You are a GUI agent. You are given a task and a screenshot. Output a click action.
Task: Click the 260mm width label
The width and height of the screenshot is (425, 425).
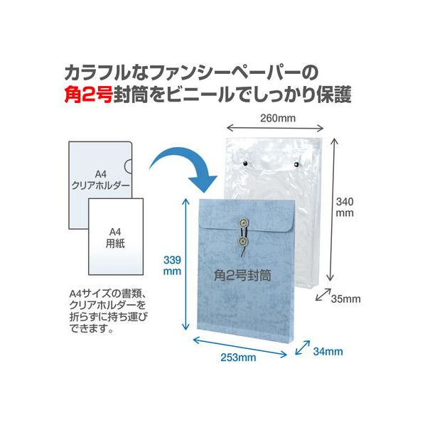(x=278, y=118)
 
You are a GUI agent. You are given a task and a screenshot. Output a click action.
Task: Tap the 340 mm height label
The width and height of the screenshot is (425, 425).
(x=345, y=208)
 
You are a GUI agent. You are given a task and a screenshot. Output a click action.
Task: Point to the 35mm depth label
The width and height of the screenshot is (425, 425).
(x=345, y=299)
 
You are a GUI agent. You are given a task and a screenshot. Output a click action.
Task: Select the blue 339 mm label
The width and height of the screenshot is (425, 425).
(x=172, y=266)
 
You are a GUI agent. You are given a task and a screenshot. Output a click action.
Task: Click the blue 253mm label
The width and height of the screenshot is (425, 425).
(x=238, y=357)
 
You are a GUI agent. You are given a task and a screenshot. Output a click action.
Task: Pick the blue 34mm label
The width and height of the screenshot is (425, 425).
(x=328, y=352)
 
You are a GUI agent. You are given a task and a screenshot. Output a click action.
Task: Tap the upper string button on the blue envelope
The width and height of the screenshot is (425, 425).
(x=243, y=222)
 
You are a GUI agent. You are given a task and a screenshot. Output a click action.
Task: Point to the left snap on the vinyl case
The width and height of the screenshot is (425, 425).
(x=246, y=163)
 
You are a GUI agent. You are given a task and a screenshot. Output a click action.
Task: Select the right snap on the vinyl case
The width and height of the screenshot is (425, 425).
(x=296, y=164)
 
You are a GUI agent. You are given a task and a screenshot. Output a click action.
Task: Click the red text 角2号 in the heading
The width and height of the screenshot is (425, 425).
(x=88, y=95)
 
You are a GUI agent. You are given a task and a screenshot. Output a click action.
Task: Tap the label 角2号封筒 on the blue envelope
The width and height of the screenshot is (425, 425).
(x=242, y=275)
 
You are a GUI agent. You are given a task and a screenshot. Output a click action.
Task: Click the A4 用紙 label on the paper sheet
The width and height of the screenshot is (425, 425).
(x=115, y=237)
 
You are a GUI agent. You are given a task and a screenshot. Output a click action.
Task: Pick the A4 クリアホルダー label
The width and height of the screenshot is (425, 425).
(x=100, y=180)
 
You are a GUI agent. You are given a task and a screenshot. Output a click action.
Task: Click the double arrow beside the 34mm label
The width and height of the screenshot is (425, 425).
(x=303, y=348)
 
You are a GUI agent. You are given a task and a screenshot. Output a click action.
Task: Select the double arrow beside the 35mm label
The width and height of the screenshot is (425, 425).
(x=323, y=295)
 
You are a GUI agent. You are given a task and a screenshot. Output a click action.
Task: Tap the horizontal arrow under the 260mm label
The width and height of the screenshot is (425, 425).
(x=275, y=128)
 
